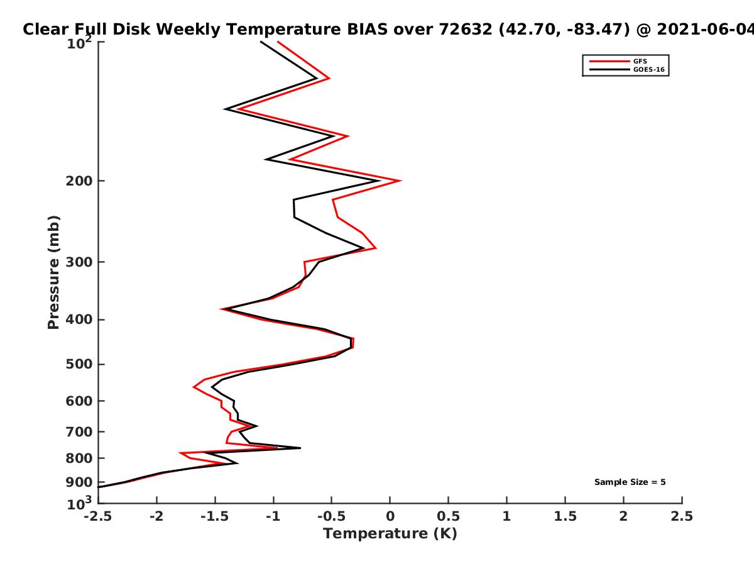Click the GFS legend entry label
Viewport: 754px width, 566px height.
coord(640,62)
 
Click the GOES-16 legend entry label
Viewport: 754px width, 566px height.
coord(649,70)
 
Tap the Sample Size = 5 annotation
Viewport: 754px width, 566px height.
coord(630,482)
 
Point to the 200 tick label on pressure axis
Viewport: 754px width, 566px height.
coord(79,181)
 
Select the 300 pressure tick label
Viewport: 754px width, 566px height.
coord(79,262)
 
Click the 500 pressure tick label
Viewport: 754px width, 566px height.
coord(79,364)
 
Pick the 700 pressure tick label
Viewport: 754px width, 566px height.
coord(79,432)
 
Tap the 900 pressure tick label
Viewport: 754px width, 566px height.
coord(79,482)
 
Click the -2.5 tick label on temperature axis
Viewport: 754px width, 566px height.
coord(98,516)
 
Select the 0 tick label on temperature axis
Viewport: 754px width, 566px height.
coord(390,516)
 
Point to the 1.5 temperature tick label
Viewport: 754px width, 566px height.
coord(565,516)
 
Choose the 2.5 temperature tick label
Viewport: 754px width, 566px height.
coord(682,516)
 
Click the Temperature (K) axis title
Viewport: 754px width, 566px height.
coord(390,534)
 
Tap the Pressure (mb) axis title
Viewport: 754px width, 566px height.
coord(53,272)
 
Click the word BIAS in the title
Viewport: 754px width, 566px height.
coord(367,29)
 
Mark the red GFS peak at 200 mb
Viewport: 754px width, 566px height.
coord(400,180)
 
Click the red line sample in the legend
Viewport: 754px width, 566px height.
coord(609,62)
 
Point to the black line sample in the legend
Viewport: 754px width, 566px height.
coord(609,70)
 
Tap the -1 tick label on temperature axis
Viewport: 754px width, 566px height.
coord(273,516)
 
